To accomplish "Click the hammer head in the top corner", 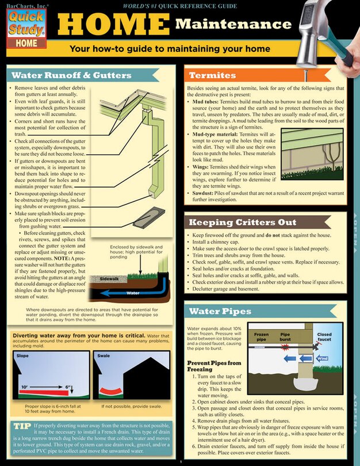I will point(323,17).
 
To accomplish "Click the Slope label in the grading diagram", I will point(23,356).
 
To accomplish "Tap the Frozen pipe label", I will point(261,337).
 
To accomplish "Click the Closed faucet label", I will point(324,337).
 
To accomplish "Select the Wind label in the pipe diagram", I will point(322,358).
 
